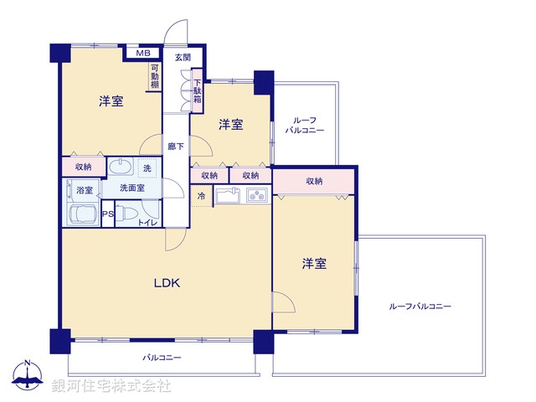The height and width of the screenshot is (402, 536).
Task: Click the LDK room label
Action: pos(166,282)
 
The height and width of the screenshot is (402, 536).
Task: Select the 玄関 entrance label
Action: pos(183,57)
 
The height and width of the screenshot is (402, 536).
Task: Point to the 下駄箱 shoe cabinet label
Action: pos(197,92)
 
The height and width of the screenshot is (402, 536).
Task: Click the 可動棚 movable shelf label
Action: pos(155,78)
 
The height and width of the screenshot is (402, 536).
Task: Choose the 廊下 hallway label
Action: pos(175,144)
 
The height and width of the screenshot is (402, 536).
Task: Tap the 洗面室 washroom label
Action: pos(131,188)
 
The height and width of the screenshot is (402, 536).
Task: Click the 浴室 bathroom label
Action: pos(85,190)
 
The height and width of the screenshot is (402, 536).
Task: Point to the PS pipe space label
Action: pos(107,214)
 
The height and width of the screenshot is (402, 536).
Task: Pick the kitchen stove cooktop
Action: pos(255,197)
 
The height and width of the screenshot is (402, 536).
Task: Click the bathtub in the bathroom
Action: pos(81,214)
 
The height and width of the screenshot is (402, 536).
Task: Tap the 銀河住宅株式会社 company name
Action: pos(111,386)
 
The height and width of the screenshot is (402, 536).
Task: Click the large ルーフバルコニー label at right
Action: pos(420,307)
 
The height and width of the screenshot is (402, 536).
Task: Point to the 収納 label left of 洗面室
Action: pos(83,167)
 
